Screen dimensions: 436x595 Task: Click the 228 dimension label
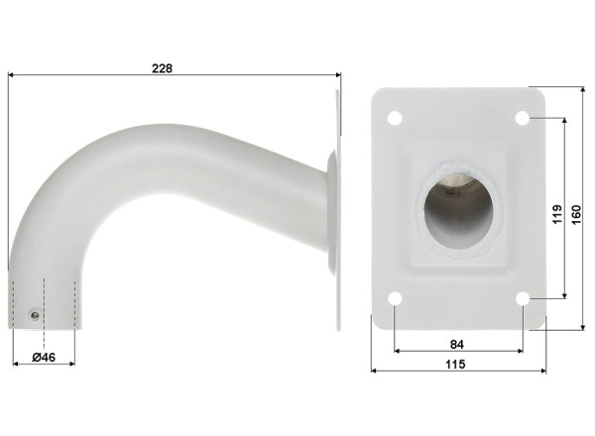coord(164,68)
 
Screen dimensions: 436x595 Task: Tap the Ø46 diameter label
coord(43,356)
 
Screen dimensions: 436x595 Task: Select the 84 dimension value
coord(456,344)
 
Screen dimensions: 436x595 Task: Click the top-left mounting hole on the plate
coord(394,118)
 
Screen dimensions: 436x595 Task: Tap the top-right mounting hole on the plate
coord(523,118)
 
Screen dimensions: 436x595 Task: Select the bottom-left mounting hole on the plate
coord(394,298)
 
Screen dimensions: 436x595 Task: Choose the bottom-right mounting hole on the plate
coord(523,298)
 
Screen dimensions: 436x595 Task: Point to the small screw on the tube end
coord(36,315)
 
